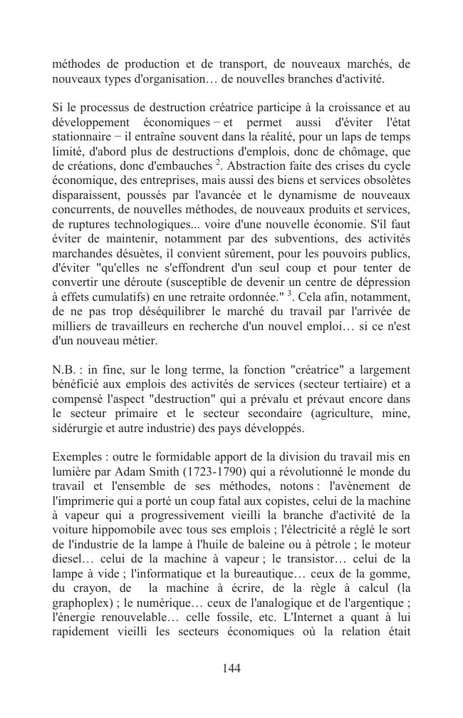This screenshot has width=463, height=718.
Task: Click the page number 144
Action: pos(231,668)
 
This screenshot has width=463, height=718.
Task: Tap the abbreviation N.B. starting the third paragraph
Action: pos(65,369)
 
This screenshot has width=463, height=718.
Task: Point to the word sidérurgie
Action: pos(79,429)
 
